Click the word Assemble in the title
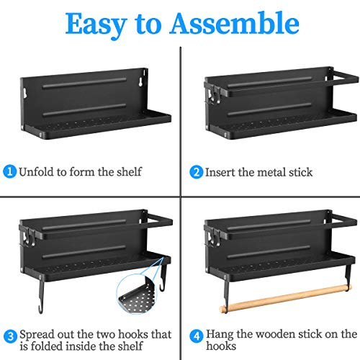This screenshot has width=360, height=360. tap(235, 24)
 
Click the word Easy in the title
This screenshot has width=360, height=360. tap(96, 25)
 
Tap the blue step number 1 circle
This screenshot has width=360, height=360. tap(9, 171)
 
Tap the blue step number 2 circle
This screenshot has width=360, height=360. tap(197, 172)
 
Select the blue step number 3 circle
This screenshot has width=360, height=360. tap(11, 336)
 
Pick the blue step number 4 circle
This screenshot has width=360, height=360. tap(197, 336)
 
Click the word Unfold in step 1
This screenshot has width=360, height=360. tap(37, 172)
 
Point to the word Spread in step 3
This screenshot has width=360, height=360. tap(37, 335)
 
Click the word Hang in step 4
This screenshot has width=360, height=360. tap(220, 335)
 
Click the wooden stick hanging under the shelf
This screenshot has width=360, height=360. tap(286, 298)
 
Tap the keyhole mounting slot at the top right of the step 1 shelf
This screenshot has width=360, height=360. tap(140, 82)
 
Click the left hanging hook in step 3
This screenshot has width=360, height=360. tap(41, 294)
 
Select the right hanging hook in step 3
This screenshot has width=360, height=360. tap(163, 276)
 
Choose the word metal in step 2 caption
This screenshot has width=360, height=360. tap(271, 172)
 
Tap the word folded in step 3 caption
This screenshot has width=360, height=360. tap(47, 346)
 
